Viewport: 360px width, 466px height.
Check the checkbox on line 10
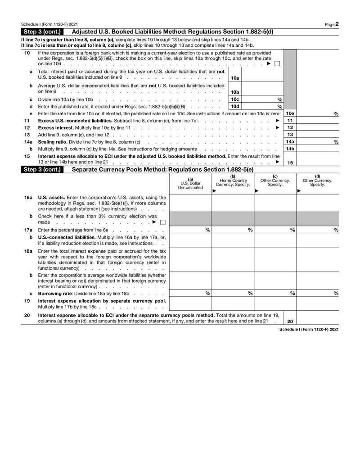click(277, 64)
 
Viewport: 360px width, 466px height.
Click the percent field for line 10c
click(259, 100)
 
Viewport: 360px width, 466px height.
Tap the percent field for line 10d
click(259, 107)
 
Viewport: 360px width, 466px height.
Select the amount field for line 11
click(318, 121)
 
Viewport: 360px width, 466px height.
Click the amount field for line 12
click(318, 128)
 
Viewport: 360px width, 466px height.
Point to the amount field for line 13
click(318, 135)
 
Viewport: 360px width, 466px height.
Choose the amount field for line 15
click(318, 159)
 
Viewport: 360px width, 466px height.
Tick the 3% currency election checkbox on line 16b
click(162, 222)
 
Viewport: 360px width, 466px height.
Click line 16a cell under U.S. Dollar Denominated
click(190, 203)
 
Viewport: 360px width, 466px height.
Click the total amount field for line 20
click(318, 318)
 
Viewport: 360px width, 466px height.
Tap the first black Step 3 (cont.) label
click(44, 32)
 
